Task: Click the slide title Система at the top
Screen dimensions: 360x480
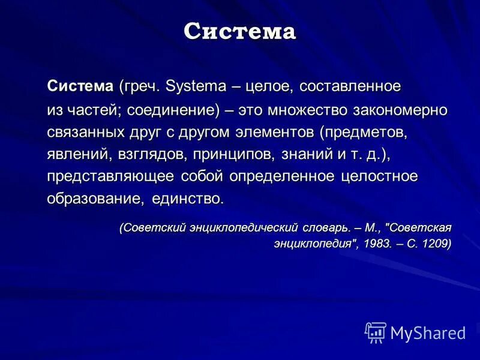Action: [x=239, y=31]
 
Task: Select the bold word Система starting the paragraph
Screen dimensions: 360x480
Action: [x=80, y=86]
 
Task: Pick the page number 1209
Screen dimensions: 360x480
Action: [x=433, y=244]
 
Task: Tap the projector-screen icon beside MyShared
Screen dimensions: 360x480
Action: [x=376, y=332]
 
